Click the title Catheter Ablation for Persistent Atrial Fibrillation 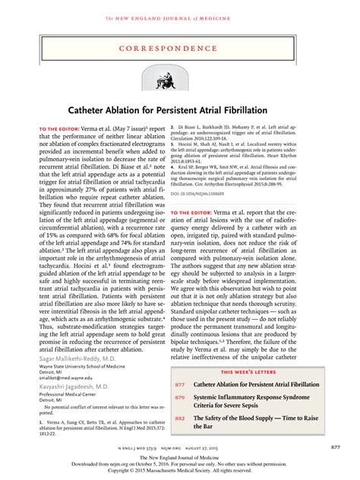click(x=179, y=110)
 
